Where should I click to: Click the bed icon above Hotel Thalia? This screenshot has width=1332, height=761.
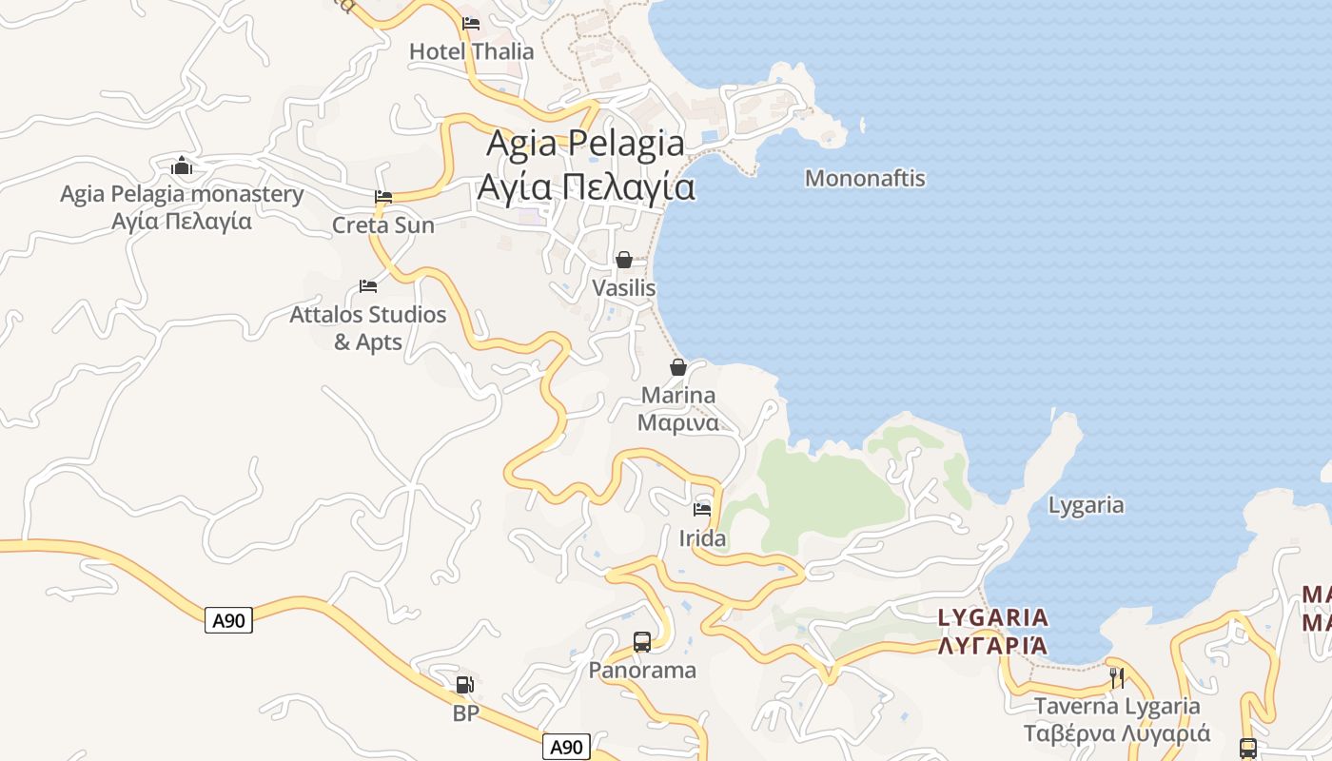[x=471, y=24]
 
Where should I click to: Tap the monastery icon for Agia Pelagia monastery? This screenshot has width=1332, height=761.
[x=182, y=166]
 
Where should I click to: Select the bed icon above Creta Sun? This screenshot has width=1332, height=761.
[x=383, y=197]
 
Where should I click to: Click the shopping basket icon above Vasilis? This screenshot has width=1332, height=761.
[x=624, y=260]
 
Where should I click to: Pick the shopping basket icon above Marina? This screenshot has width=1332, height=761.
[x=678, y=367]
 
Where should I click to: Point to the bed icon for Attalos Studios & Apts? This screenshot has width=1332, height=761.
[x=368, y=285]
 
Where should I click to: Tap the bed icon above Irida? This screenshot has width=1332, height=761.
[x=702, y=510]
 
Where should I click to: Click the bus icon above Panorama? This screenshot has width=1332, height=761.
[x=642, y=642]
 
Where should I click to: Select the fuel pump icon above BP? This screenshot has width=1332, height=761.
[x=464, y=684]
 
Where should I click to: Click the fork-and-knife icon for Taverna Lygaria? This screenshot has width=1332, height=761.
[x=1117, y=677]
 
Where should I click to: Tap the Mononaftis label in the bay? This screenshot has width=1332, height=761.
[x=865, y=178]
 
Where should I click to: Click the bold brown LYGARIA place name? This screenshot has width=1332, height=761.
[x=993, y=618]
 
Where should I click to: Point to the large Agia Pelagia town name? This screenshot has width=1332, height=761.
[x=585, y=144]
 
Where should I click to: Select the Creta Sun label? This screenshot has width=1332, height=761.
[x=382, y=225]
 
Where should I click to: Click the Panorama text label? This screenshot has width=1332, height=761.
[x=642, y=670]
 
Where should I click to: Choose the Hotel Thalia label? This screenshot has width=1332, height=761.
[x=471, y=51]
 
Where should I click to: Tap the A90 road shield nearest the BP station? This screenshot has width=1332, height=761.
[x=566, y=747]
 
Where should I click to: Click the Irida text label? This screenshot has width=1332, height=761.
[x=702, y=538]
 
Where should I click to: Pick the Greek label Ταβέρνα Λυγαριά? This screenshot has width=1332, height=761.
[x=1117, y=733]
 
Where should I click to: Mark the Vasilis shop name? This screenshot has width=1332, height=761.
[x=624, y=287]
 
